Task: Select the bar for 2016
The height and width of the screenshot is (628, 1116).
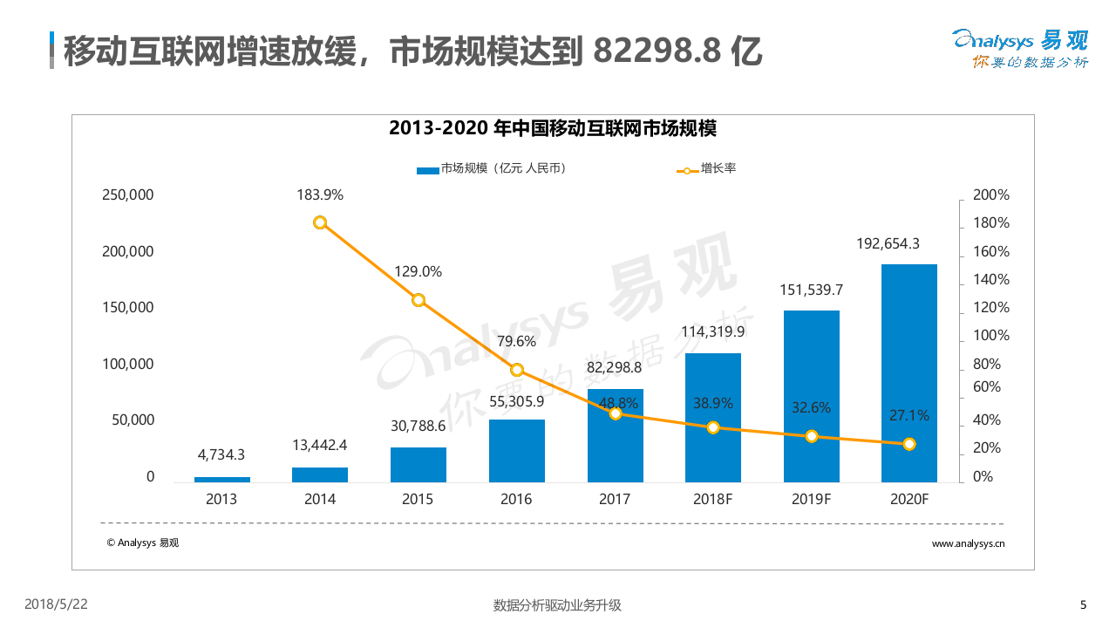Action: click(516, 451)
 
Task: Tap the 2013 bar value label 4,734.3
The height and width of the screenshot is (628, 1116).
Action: click(221, 454)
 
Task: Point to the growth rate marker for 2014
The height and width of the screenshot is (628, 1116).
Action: click(320, 222)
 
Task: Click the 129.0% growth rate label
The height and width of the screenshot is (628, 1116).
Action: click(418, 271)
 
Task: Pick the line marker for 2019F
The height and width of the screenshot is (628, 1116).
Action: click(811, 436)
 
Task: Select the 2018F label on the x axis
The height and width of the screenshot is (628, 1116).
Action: click(712, 500)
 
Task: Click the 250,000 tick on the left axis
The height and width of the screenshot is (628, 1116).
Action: click(128, 195)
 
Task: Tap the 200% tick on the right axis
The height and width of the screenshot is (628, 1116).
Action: click(990, 195)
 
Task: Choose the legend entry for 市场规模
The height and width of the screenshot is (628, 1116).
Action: click(492, 168)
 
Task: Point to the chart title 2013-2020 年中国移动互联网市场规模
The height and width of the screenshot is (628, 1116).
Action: click(553, 129)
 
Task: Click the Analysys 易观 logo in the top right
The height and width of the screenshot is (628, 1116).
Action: click(1020, 48)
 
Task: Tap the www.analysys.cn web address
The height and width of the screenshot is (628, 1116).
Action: click(968, 543)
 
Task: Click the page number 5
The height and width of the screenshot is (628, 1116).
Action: click(1083, 604)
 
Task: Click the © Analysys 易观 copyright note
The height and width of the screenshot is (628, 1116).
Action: click(143, 543)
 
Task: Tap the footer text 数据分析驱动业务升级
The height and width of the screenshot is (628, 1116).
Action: click(557, 604)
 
